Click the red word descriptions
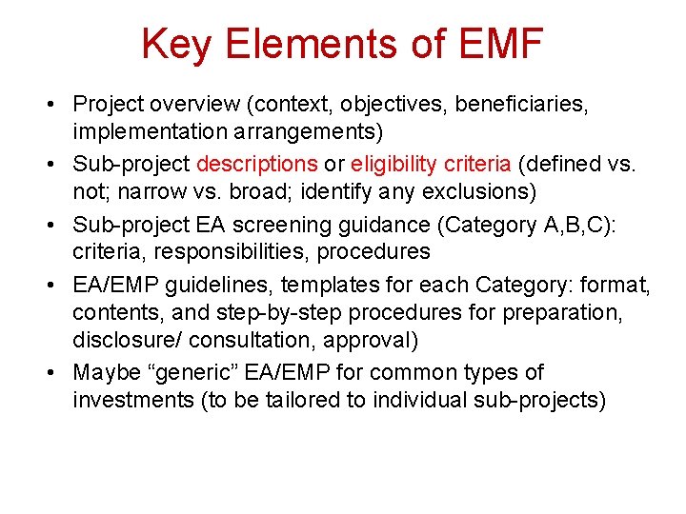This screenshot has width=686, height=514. (x=256, y=164)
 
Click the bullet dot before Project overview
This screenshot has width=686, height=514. (x=55, y=104)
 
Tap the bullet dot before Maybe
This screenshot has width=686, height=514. (x=55, y=373)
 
